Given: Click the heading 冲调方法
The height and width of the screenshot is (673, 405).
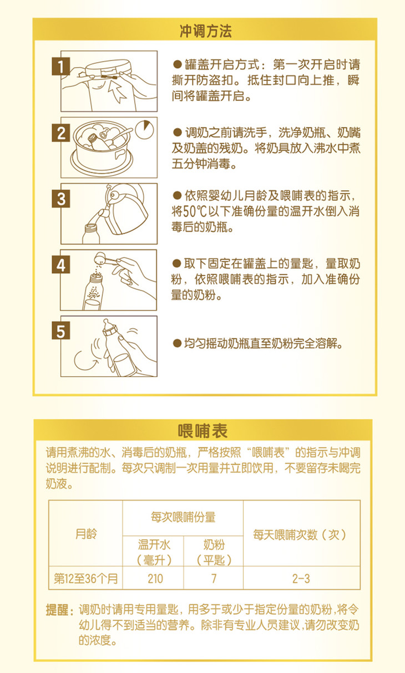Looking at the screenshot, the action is click(206, 31).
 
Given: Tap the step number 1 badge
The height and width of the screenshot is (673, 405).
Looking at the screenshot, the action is click(61, 67).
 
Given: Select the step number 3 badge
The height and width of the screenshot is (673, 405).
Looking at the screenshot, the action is click(61, 198).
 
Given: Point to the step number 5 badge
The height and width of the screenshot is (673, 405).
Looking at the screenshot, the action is click(61, 330).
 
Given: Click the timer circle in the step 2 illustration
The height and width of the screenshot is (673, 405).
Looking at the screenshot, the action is click(144, 130).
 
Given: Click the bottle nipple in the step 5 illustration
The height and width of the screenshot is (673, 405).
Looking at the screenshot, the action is click(106, 324).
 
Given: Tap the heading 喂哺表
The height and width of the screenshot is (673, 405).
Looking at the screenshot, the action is click(202, 431).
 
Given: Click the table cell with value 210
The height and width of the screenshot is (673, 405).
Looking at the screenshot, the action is click(155, 578).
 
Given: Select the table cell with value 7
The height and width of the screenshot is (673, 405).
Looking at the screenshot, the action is click(214, 578).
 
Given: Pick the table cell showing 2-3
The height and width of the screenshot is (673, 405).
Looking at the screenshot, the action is click(301, 578).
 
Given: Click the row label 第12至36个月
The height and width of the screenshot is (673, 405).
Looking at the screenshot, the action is click(85, 578).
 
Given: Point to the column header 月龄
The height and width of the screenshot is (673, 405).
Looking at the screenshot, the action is click(86, 534).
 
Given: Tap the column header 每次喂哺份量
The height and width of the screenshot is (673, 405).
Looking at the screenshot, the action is click(183, 517).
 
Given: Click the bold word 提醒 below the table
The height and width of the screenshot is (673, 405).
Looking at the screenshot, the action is click(57, 610).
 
